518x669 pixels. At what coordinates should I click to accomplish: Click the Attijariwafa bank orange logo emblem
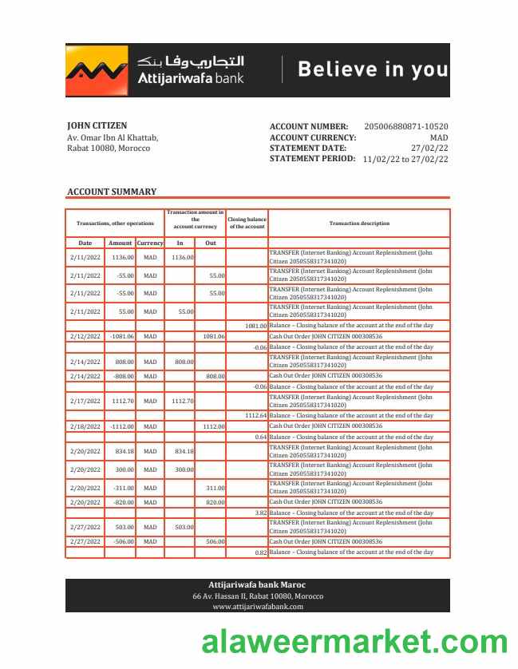pos(97,70)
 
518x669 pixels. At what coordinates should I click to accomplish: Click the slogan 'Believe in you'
pos(373,69)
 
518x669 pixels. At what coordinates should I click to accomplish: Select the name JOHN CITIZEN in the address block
pos(97,126)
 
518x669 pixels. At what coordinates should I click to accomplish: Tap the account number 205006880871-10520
pos(405,126)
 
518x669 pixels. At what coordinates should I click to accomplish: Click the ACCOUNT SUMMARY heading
pos(112,192)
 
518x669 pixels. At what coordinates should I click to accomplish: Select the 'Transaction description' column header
pos(359,224)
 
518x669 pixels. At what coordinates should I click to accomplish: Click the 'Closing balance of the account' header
pos(247,224)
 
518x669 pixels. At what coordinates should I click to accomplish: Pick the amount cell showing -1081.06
pos(121,336)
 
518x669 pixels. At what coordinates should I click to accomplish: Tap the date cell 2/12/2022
pos(85,336)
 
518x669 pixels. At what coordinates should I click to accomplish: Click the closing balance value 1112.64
pos(255,415)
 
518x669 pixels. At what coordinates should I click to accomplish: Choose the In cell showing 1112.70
pos(183,401)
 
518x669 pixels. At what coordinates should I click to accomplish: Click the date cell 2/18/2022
pos(85,426)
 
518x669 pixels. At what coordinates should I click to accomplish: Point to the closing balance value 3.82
pos(260,513)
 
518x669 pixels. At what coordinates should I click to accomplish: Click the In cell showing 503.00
pos(184,527)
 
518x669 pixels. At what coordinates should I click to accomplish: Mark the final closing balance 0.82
pos(260,552)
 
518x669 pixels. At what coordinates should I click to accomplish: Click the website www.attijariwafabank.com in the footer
pos(258,607)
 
